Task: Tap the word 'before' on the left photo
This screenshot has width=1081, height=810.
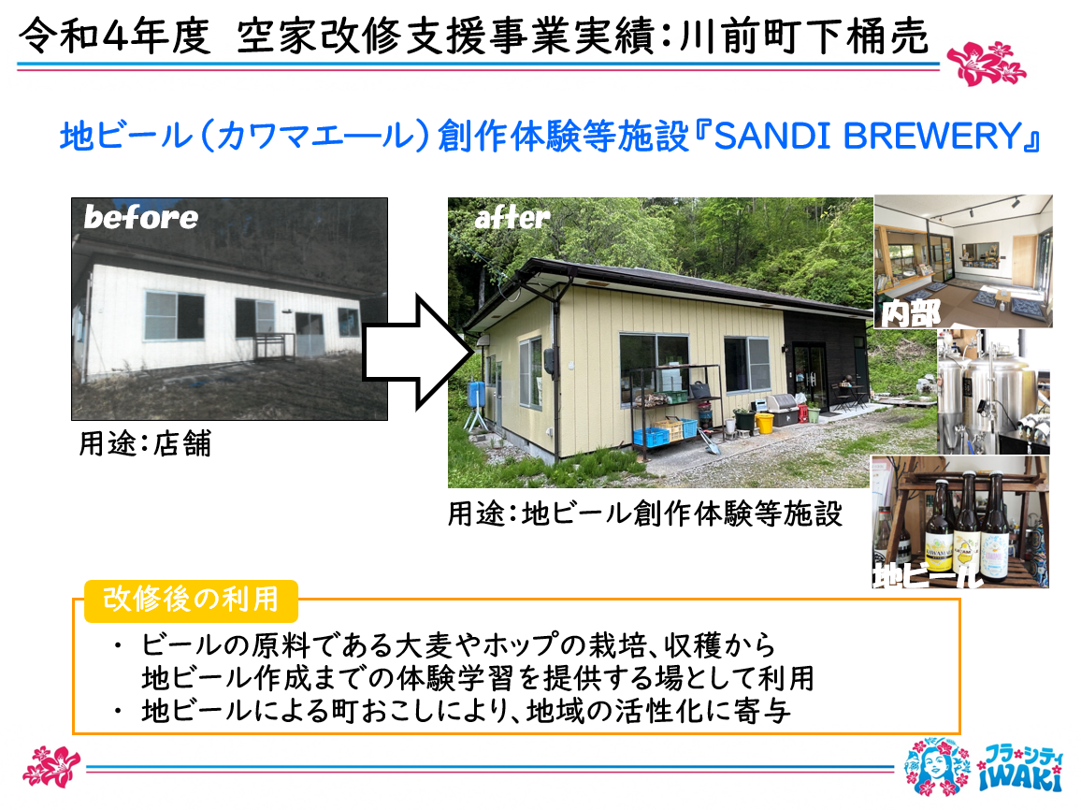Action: tap(140, 217)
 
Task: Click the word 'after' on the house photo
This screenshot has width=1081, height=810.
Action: tap(512, 218)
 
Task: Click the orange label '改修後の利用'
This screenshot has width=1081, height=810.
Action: tap(191, 599)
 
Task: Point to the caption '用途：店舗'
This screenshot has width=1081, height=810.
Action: tap(145, 443)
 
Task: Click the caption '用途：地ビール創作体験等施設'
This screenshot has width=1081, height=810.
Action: tap(645, 513)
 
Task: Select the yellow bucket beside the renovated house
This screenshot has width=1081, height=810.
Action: tap(764, 423)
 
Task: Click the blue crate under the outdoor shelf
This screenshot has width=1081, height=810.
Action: tap(652, 437)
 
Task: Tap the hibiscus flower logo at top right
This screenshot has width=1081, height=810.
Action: tap(986, 64)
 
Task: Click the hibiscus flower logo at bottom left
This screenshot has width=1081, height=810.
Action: tap(51, 767)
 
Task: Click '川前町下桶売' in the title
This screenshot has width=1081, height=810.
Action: tap(804, 36)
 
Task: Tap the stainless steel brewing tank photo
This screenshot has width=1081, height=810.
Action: tap(993, 391)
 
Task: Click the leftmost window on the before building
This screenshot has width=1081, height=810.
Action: tap(174, 316)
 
